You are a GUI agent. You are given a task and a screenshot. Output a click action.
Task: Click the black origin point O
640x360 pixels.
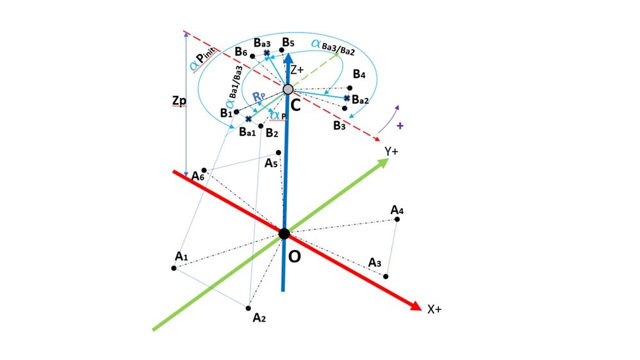tap(284, 233)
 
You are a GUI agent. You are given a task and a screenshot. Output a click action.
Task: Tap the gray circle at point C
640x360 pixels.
tap(288, 89)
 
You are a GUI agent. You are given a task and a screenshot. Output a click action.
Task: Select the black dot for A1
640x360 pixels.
tap(174, 267)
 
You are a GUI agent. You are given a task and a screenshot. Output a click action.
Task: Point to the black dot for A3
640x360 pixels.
tap(386, 277)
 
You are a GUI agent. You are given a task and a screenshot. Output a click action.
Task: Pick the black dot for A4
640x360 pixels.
tap(397, 220)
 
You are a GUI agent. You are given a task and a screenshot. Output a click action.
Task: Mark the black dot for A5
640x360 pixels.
tap(279, 152)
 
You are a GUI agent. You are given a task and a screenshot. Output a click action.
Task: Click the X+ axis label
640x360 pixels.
tap(434, 309)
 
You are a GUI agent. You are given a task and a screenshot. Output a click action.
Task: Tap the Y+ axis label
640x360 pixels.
tap(392, 151)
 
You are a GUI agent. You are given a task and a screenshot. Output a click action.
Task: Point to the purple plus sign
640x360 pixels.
tap(400, 126)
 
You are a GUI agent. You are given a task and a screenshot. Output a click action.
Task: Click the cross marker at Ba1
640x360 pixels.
tap(248, 119)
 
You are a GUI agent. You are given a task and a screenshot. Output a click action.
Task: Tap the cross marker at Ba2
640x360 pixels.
tap(347, 98)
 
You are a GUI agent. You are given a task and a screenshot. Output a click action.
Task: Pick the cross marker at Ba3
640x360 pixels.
tap(267, 53)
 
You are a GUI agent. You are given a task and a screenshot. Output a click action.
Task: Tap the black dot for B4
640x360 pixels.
tap(350, 88)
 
